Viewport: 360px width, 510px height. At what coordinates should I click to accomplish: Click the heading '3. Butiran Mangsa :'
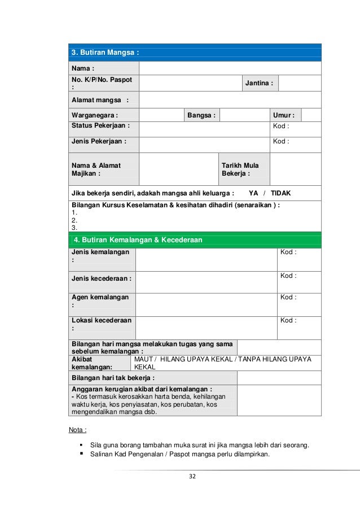[105, 53]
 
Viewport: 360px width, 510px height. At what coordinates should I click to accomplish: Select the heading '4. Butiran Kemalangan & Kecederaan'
[138, 240]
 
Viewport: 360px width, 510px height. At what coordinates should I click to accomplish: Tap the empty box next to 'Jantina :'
[299, 83]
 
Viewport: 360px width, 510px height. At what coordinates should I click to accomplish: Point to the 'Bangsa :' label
[201, 115]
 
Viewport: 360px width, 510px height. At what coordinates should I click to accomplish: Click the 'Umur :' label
[284, 115]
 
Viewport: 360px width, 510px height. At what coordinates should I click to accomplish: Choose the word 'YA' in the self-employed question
[253, 193]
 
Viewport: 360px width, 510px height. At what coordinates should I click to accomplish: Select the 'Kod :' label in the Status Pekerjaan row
[281, 126]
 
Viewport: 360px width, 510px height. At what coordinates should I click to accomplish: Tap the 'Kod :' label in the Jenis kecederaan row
[288, 276]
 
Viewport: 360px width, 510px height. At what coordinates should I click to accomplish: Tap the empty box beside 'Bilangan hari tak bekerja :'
[279, 377]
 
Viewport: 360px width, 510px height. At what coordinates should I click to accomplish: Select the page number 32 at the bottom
[192, 477]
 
